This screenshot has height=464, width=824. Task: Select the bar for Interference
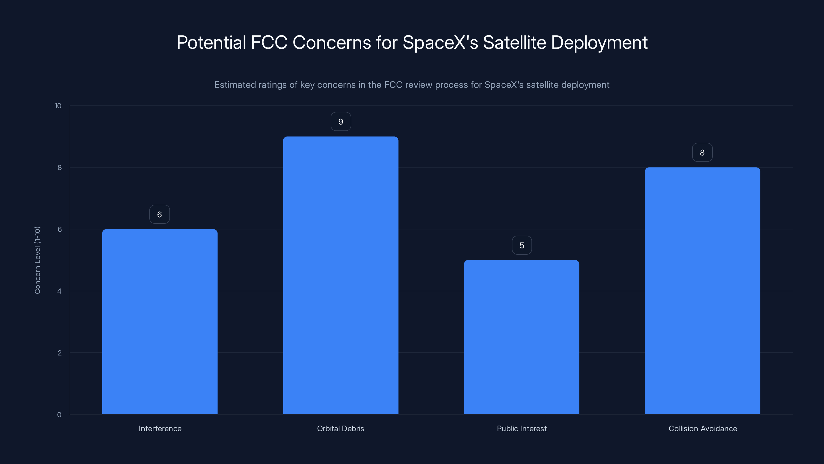pyautogui.click(x=160, y=321)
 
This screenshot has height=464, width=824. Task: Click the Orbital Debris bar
pyautogui.click(x=341, y=275)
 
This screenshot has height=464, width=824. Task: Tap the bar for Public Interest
pyautogui.click(x=521, y=337)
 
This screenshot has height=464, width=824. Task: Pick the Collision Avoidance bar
pyautogui.click(x=702, y=291)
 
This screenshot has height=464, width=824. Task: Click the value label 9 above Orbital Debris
pyautogui.click(x=341, y=122)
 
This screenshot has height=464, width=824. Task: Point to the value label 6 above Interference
pyautogui.click(x=160, y=214)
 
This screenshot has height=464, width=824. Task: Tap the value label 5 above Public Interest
pyautogui.click(x=522, y=245)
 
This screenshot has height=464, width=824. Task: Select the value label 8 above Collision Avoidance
pyautogui.click(x=702, y=153)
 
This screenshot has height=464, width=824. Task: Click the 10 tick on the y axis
pyautogui.click(x=58, y=106)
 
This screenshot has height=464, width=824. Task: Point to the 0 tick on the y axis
pyautogui.click(x=59, y=415)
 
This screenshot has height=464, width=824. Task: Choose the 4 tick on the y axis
pyautogui.click(x=59, y=291)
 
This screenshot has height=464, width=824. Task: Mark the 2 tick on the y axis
pyautogui.click(x=59, y=353)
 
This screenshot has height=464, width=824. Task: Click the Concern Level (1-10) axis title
pyautogui.click(x=37, y=260)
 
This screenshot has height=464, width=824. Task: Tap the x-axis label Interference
pyautogui.click(x=160, y=428)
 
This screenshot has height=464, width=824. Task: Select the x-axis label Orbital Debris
pyautogui.click(x=340, y=428)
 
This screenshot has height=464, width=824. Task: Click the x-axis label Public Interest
pyautogui.click(x=522, y=428)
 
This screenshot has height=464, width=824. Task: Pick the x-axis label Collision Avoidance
pyautogui.click(x=702, y=428)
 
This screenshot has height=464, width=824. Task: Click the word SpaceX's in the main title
pyautogui.click(x=440, y=43)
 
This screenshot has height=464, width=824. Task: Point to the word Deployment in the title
pyautogui.click(x=599, y=43)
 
